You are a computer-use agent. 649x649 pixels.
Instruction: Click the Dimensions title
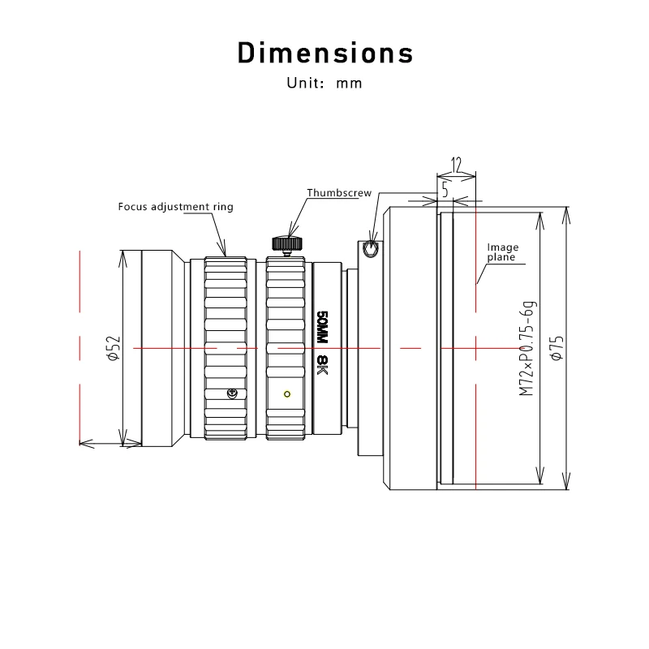pos(325,53)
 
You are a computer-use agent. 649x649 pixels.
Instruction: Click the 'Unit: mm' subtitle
pos(324,84)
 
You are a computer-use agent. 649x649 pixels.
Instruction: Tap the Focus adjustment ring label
pos(175,207)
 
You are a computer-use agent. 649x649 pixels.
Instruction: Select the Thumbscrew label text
pos(339,193)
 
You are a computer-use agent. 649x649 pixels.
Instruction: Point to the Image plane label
pos(502,252)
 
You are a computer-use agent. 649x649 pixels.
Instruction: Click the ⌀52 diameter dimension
pos(114,349)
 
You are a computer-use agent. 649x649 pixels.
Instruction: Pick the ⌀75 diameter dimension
pos(557,348)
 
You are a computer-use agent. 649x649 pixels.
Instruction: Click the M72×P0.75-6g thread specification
pos(527,348)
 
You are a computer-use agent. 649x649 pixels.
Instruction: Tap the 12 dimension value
pos(456,165)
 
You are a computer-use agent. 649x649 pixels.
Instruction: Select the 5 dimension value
pos(445,190)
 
